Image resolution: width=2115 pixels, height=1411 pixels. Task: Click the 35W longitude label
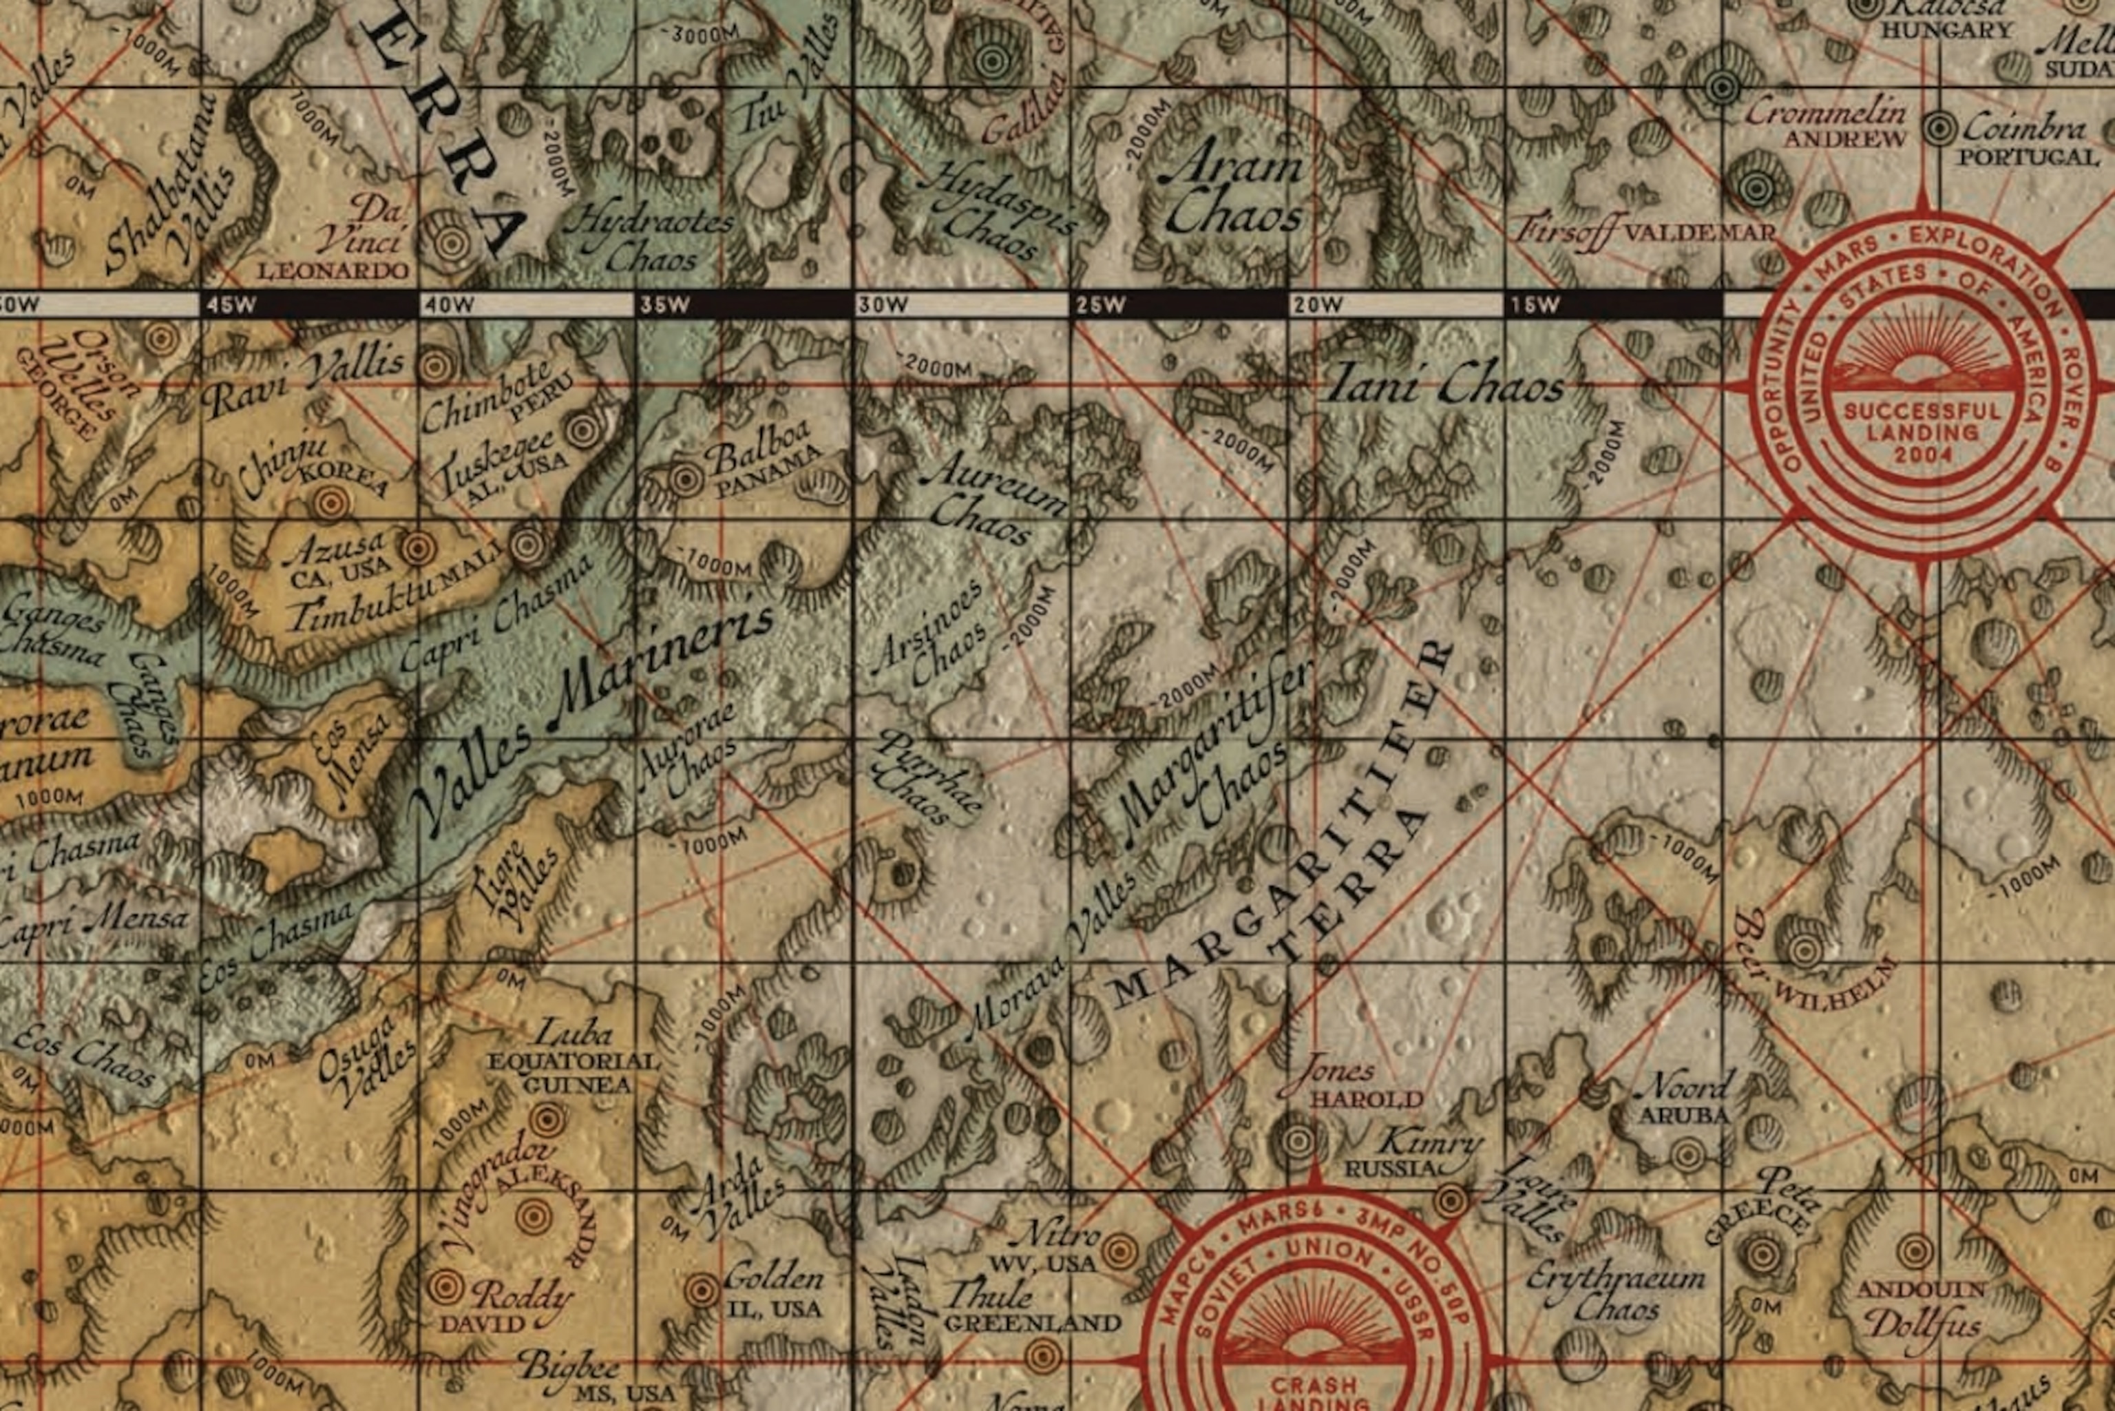click(665, 305)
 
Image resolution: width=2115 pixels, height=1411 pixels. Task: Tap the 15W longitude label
click(1535, 305)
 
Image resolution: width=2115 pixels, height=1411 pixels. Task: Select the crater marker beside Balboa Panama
click(686, 480)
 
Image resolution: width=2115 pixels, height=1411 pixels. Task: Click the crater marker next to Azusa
click(417, 548)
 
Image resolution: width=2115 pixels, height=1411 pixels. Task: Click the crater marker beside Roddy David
click(444, 1288)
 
